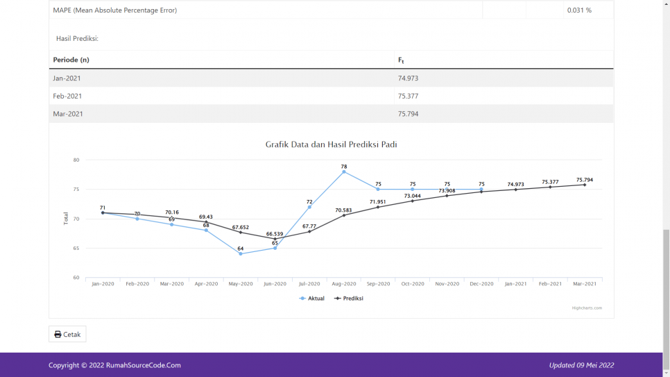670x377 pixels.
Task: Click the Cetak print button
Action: pos(67,334)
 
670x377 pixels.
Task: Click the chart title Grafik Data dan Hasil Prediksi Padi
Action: pos(331,144)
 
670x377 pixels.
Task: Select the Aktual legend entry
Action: pos(312,299)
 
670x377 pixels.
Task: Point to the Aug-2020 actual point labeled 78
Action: pos(344,172)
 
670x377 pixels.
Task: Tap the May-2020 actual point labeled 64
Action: pos(241,253)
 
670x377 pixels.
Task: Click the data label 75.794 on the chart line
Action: pos(584,180)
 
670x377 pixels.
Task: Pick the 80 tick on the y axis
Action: pos(76,160)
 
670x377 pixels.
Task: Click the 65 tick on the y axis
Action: pos(76,249)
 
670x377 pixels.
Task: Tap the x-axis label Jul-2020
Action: pos(309,284)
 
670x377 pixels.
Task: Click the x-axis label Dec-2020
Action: pos(481,284)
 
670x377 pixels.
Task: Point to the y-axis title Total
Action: pos(67,219)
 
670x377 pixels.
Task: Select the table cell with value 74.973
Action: pos(408,78)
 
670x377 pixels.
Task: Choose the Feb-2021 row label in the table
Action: pos(67,96)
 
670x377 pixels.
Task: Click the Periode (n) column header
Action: pos(71,60)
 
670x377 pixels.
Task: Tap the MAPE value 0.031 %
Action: pos(578,10)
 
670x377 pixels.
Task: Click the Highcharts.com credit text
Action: pos(587,308)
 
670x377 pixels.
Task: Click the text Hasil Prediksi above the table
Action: pos(77,38)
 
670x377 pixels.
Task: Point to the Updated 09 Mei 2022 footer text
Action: pos(581,365)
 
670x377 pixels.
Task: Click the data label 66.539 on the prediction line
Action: pos(275,234)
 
